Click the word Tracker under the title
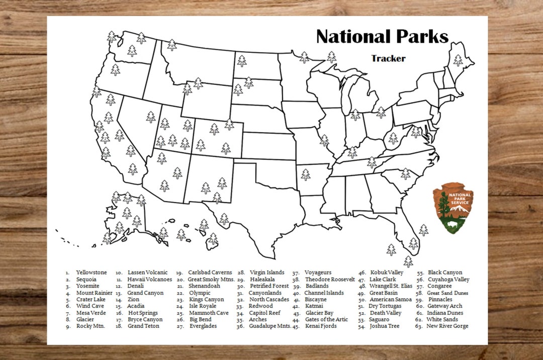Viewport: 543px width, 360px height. pyautogui.click(x=388, y=58)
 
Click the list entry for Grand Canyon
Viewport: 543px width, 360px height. pyautogui.click(x=145, y=293)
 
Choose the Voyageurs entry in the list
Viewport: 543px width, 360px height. pyautogui.click(x=318, y=273)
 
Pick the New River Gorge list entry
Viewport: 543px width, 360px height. pyautogui.click(x=447, y=326)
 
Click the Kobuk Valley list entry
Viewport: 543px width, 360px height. pyautogui.click(x=387, y=273)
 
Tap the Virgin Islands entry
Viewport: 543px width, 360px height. pyautogui.click(x=267, y=273)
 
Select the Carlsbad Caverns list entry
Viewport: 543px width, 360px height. pyautogui.click(x=210, y=273)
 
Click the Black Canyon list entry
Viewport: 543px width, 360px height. pyautogui.click(x=445, y=273)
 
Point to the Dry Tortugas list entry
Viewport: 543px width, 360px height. pyautogui.click(x=385, y=306)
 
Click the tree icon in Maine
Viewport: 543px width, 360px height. pyautogui.click(x=458, y=60)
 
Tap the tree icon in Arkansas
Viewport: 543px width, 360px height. pyautogui.click(x=305, y=174)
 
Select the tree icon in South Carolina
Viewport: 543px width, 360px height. pyautogui.click(x=405, y=173)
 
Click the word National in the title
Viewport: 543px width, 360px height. pyautogui.click(x=351, y=37)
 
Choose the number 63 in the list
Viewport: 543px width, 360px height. pyautogui.click(x=419, y=326)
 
